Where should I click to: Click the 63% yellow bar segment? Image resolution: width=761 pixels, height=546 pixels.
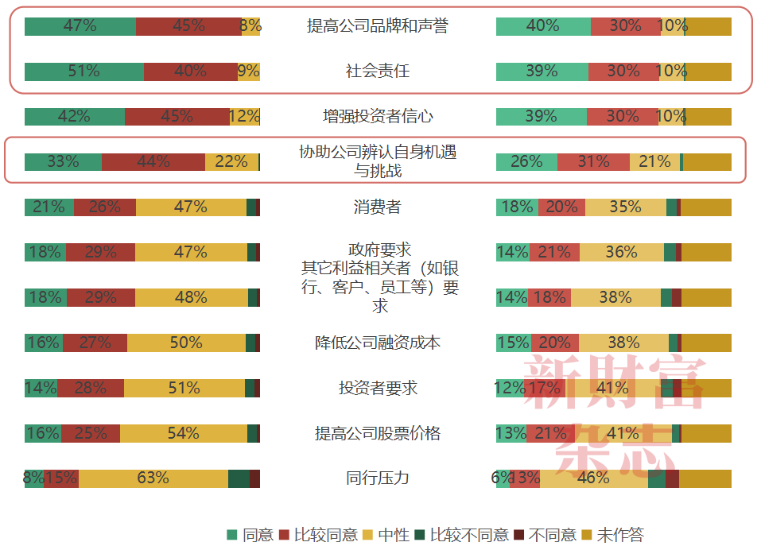click(153, 478)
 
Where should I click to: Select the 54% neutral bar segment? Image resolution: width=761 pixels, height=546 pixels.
click(183, 433)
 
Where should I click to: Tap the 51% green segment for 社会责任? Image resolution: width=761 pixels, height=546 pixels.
click(83, 72)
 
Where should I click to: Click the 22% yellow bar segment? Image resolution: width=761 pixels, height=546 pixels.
click(231, 161)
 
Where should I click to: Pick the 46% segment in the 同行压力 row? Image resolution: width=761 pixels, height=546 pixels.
click(594, 478)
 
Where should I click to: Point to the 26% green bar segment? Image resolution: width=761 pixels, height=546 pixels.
click(526, 161)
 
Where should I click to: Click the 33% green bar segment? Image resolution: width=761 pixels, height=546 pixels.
click(63, 161)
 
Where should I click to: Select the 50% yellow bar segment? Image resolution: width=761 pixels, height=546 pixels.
click(186, 343)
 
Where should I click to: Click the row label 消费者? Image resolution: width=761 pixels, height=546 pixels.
click(378, 207)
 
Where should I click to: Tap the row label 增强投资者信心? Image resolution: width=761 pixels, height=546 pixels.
click(378, 117)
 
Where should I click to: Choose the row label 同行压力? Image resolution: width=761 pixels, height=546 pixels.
click(378, 478)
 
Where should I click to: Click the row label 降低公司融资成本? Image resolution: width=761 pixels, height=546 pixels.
click(378, 343)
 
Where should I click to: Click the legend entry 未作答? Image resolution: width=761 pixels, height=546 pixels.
click(619, 535)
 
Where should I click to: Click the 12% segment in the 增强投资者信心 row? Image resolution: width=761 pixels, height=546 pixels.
click(244, 117)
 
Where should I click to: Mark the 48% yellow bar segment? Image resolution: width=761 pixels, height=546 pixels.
click(191, 297)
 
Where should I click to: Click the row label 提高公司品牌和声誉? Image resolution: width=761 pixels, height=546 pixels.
click(378, 26)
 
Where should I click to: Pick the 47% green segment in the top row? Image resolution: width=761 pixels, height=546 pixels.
click(80, 26)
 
